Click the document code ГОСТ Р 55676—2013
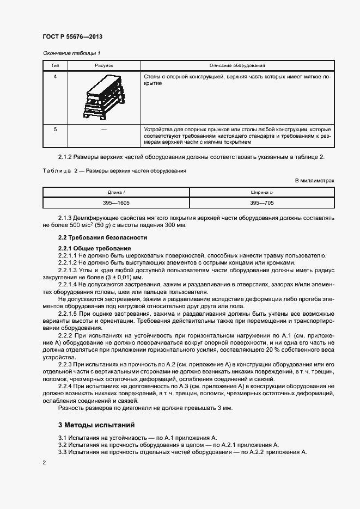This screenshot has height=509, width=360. coord(72,36)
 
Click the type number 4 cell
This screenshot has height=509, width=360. coord(55,77)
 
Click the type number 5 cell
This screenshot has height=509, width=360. coord(55,129)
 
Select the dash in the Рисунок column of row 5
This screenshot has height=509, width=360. coord(104,129)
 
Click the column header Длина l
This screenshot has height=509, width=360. coord(116,192)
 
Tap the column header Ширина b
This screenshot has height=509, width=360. coord(262,192)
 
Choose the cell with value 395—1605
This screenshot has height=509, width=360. coord(116,202)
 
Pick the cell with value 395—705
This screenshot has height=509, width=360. coord(262,202)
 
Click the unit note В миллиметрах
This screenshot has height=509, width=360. coord(314,180)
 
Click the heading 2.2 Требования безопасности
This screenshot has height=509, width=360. coord(102,238)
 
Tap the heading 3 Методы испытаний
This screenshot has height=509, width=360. coord(96,425)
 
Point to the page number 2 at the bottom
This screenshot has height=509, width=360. coord(44,462)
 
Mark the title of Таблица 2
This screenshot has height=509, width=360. coord(114,170)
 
